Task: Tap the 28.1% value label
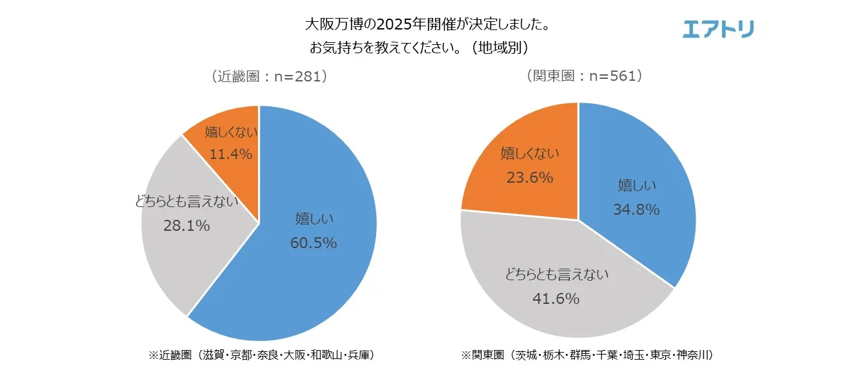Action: point(186,226)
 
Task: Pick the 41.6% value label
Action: point(556,298)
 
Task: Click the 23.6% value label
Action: point(529,178)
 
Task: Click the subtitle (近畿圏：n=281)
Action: point(269,76)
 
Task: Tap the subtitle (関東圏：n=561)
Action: point(584,76)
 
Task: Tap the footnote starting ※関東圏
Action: point(587,355)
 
